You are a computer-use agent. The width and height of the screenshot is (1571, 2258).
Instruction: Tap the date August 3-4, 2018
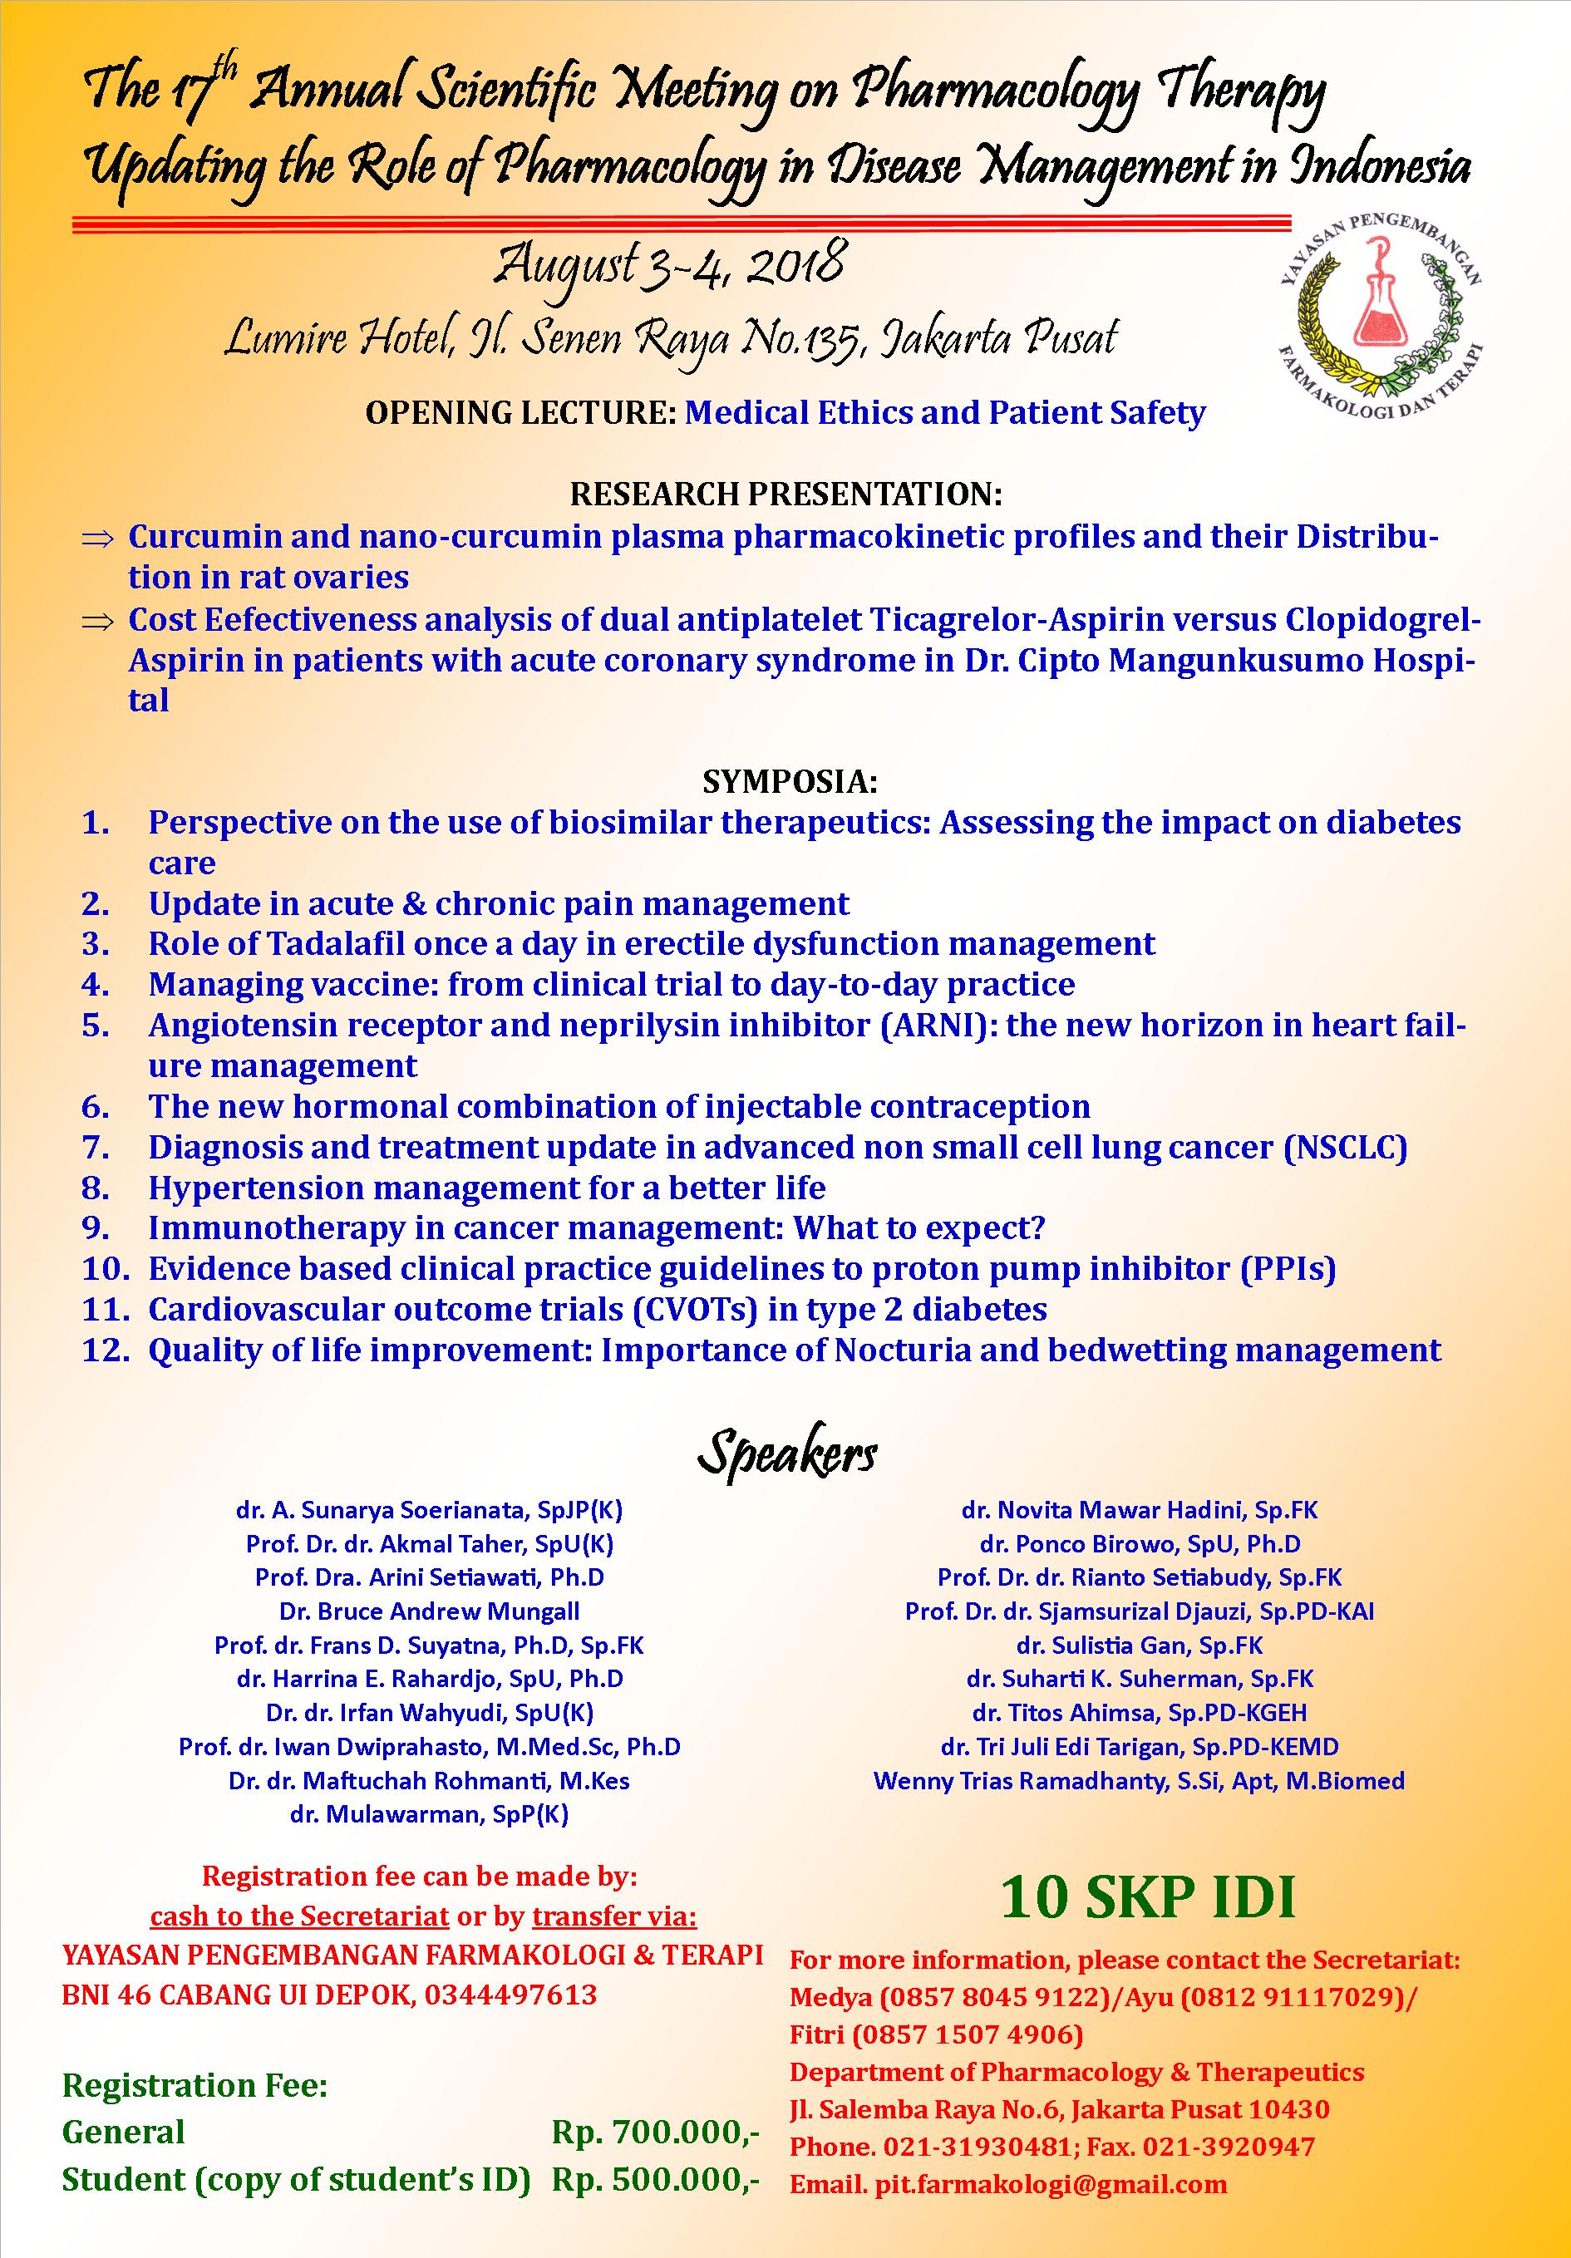pyautogui.click(x=669, y=268)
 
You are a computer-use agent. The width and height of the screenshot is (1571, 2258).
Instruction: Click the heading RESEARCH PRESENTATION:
pyautogui.click(x=786, y=494)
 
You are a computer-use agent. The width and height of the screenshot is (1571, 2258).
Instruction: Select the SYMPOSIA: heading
pyautogui.click(x=789, y=782)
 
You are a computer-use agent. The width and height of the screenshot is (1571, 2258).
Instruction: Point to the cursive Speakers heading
pyautogui.click(x=786, y=1454)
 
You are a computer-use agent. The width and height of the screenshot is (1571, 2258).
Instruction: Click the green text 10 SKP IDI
pyautogui.click(x=1148, y=1897)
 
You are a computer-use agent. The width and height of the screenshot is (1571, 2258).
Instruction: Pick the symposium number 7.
pyautogui.click(x=96, y=1147)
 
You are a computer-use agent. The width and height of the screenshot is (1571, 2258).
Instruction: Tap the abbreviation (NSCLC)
pyautogui.click(x=1345, y=1147)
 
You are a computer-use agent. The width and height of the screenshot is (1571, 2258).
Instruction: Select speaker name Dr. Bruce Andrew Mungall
pyautogui.click(x=429, y=1611)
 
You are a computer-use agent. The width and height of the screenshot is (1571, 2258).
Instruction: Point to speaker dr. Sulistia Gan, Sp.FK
pyautogui.click(x=1139, y=1646)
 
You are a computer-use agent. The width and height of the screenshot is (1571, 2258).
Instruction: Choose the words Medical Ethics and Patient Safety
pyautogui.click(x=944, y=412)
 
